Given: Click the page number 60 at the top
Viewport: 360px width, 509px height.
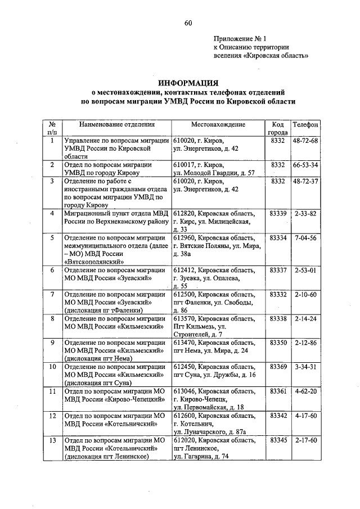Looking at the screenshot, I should (x=188, y=22).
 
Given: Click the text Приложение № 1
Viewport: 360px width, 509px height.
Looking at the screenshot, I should (x=238, y=39).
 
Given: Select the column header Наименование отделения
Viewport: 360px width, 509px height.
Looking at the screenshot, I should (x=116, y=124).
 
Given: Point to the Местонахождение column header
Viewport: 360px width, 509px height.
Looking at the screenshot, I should (x=218, y=124).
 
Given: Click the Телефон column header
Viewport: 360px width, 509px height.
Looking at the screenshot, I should (x=305, y=124).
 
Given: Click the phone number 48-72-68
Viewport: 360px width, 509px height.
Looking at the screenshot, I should (x=305, y=140).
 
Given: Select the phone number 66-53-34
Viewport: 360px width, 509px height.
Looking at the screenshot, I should (x=305, y=165).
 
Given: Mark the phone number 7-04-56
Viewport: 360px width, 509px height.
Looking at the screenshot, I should (x=305, y=238).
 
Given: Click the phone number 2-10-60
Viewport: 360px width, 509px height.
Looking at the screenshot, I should (x=305, y=295).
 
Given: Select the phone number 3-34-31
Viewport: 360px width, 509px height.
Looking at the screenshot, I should (x=305, y=367).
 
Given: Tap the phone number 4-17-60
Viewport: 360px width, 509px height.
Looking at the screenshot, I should (x=305, y=416).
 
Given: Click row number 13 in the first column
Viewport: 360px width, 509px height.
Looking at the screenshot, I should (x=52, y=440).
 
